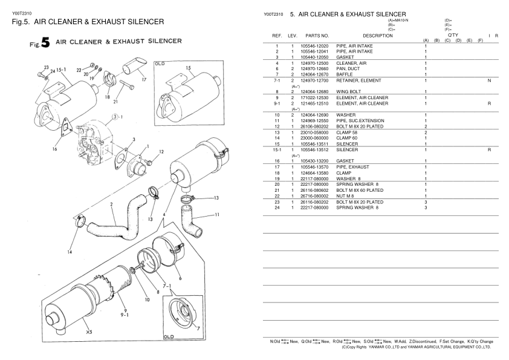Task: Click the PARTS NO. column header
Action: click(x=317, y=36)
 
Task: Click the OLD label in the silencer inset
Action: click(x=160, y=64)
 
